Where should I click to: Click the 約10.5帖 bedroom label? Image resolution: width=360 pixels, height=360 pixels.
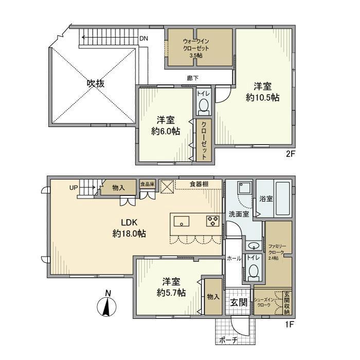tap(262, 92)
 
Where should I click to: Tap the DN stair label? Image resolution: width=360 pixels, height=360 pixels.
tap(144, 39)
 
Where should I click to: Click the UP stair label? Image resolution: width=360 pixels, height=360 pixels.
tap(74, 188)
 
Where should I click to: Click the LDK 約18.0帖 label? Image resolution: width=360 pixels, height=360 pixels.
tap(129, 228)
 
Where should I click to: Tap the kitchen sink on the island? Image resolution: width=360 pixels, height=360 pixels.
tap(182, 221)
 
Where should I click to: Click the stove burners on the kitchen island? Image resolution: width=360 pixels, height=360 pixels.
tap(212, 221)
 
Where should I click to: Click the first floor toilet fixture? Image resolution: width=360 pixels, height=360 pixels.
tap(253, 271)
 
